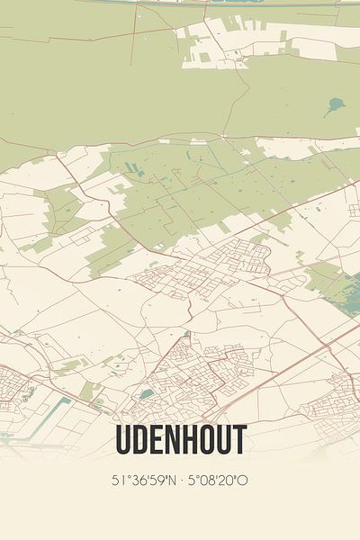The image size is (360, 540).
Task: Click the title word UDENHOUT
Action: pos(180,440)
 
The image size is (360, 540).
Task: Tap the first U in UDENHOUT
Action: pos(124,440)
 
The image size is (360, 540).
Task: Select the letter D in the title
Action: pos(141,440)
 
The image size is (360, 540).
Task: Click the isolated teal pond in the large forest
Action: pos(335,106)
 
